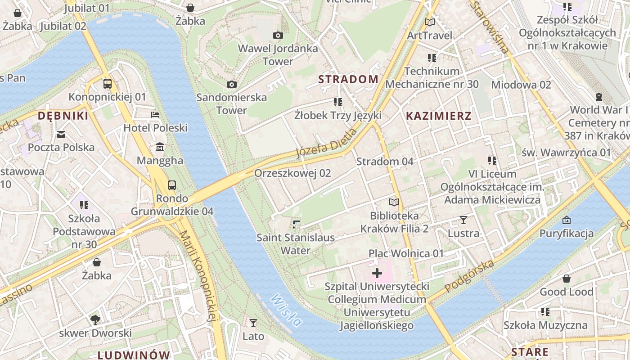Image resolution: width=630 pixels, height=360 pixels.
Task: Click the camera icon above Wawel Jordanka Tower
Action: coord(278,35)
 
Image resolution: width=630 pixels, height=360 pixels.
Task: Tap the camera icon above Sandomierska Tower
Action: coord(232,84)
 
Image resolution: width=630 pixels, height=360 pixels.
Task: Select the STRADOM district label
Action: coord(348,79)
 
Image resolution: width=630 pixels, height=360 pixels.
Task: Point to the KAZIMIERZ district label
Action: coord(439,116)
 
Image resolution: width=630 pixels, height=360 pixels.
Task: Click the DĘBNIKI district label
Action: coord(63,116)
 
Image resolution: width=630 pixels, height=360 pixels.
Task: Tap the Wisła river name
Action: coord(286,310)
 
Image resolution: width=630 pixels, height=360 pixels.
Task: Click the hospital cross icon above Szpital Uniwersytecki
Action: coord(377,273)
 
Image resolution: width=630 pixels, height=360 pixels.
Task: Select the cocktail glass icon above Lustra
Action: coord(463,220)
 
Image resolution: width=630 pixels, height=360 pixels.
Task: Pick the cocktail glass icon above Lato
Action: coord(253,323)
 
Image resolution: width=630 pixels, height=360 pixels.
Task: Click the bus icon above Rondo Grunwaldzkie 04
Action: coord(172,185)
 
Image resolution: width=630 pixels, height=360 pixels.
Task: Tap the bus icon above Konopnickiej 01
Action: coord(108,83)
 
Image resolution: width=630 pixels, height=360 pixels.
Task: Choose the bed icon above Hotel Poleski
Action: coord(155,115)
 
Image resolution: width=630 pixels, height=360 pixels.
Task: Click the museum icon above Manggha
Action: coord(160,148)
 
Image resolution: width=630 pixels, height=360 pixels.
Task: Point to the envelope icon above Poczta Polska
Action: coord(61,134)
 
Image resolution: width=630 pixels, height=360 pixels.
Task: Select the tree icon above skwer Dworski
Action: coord(95,319)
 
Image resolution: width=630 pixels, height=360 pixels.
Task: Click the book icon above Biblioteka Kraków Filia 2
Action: coord(394,202)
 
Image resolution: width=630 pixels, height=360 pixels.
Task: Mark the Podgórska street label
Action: coord(469,275)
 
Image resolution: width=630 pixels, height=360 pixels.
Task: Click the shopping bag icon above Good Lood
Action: coord(567,279)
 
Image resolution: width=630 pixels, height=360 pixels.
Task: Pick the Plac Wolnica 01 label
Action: coord(406,253)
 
